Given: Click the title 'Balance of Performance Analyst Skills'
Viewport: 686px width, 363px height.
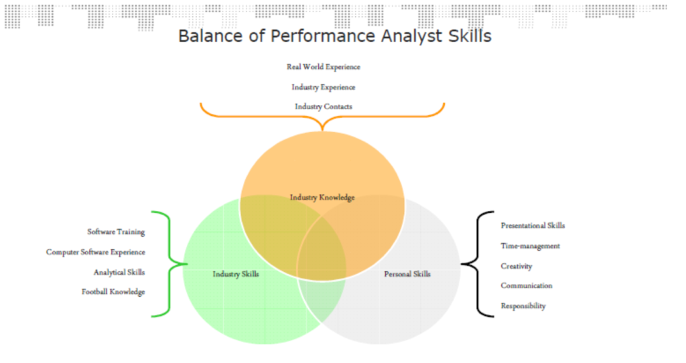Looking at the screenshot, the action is (335, 36).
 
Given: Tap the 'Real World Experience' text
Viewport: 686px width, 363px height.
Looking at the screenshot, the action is (324, 67).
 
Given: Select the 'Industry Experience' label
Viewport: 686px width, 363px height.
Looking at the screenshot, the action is (324, 87).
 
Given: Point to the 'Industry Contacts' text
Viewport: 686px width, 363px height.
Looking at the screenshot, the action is (324, 106).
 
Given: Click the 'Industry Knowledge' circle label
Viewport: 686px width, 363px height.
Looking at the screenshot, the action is (322, 198).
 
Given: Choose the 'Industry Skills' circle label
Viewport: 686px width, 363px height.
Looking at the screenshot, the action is (236, 274).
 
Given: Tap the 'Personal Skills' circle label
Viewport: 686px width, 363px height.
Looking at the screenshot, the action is (407, 274).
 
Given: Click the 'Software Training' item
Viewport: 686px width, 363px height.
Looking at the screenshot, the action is (116, 232).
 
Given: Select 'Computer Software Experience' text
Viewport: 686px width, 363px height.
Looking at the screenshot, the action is (95, 252).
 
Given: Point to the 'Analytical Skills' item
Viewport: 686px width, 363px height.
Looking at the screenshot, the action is (119, 273).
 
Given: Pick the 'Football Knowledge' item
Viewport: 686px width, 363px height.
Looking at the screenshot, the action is (113, 292).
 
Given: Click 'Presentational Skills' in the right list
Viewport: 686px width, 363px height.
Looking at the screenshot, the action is (533, 226).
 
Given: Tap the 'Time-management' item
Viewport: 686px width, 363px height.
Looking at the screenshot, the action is (531, 246).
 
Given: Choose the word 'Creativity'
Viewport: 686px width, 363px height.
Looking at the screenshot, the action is (517, 267).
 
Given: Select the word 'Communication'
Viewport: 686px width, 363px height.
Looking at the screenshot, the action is (527, 285).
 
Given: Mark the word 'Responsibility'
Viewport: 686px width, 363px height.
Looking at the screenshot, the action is (523, 305).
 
